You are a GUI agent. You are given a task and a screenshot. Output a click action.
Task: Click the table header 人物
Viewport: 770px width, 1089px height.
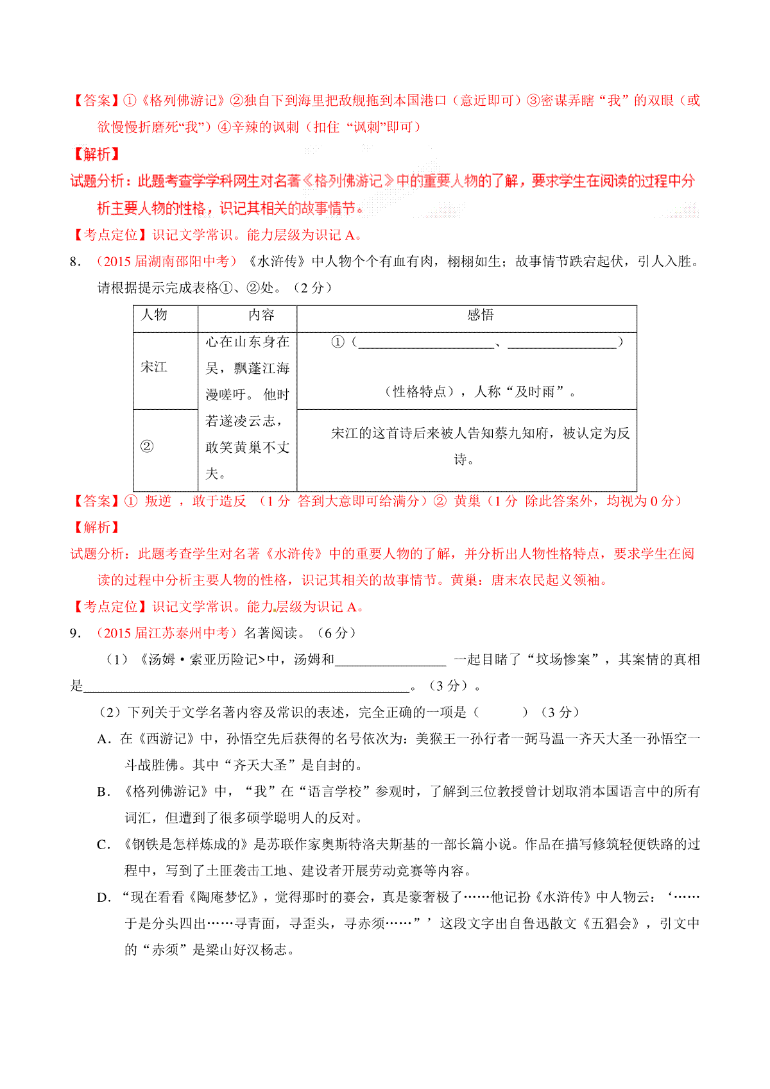pos(154,315)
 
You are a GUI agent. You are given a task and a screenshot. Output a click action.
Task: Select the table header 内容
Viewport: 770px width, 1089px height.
pos(261,315)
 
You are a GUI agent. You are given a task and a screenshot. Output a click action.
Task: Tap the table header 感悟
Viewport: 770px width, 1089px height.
pos(480,315)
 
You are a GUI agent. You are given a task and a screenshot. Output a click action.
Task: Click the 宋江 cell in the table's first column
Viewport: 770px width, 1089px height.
pos(154,367)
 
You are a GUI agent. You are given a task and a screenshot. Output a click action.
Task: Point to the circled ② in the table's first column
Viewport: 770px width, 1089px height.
pos(147,446)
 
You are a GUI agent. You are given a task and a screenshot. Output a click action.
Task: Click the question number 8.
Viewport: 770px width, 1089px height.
pos(76,262)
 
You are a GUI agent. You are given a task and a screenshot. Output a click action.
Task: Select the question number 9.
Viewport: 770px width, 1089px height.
pos(76,633)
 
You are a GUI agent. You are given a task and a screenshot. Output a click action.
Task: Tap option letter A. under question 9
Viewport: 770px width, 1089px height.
pos(105,739)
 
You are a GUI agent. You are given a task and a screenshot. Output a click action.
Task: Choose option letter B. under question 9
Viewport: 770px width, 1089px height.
pos(104,792)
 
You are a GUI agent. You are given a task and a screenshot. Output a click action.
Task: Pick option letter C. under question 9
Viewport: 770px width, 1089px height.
pos(104,845)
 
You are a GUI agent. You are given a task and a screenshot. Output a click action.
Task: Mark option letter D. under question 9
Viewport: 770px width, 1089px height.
pos(104,898)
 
